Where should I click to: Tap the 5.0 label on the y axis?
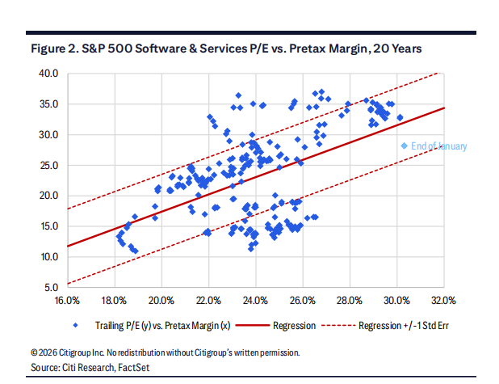click(x=50, y=288)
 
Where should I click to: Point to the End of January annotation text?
click(x=438, y=146)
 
